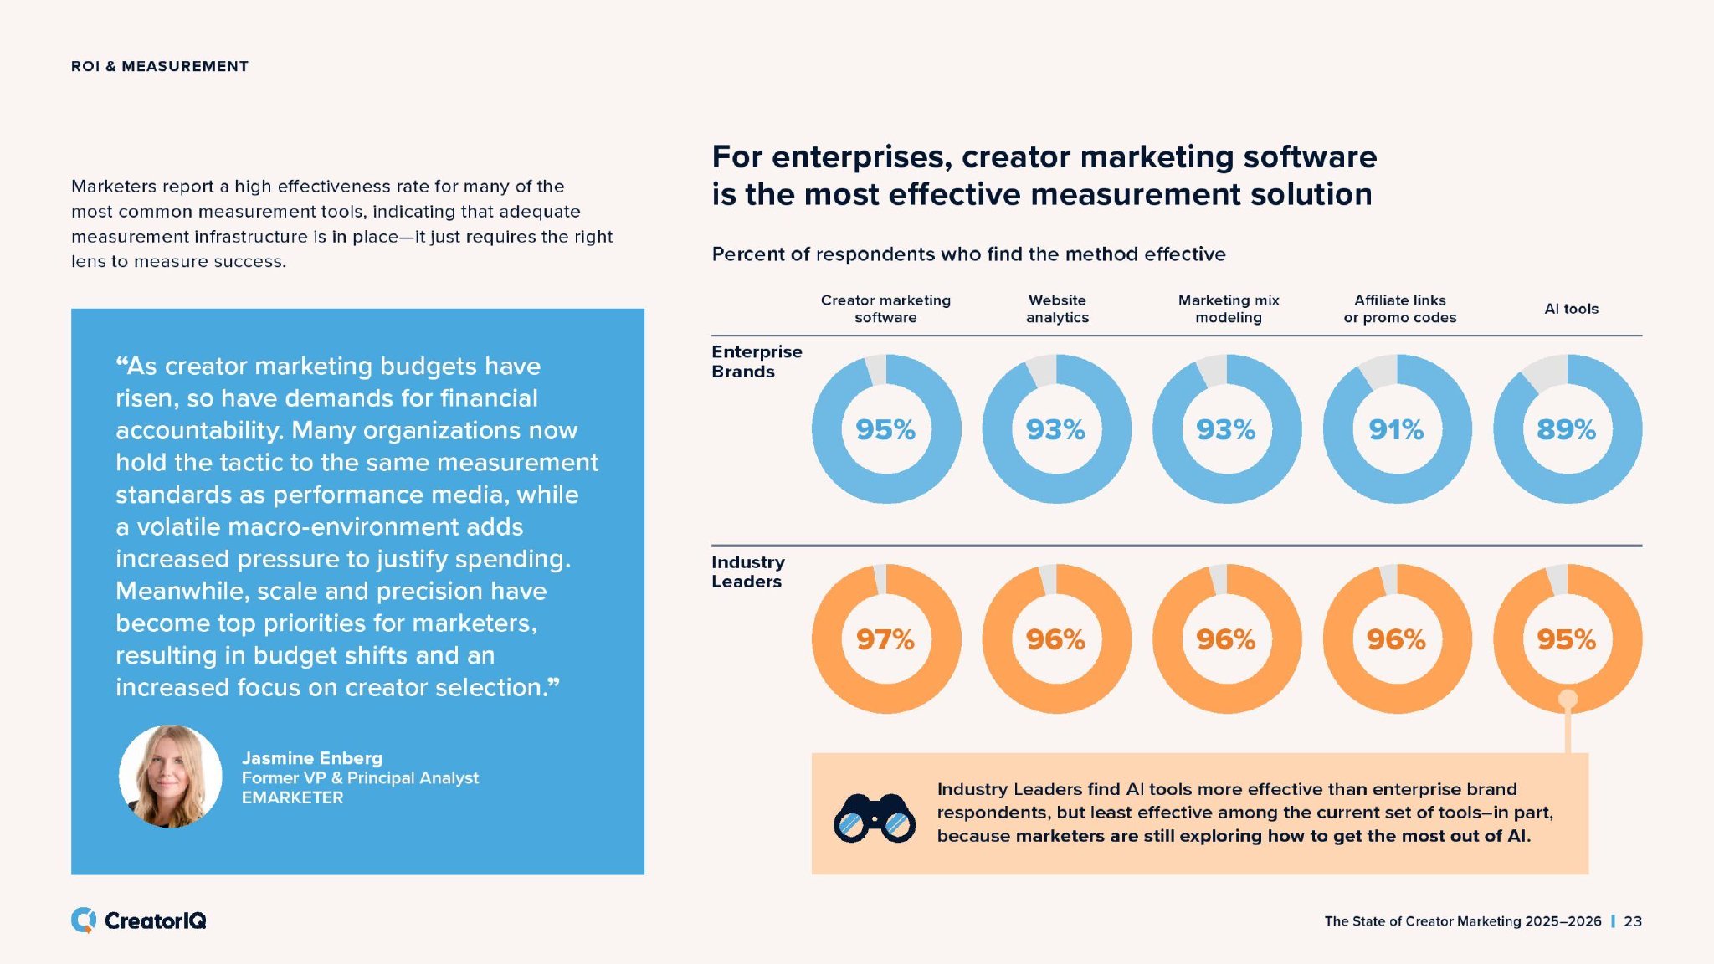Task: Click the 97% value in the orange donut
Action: pyautogui.click(x=885, y=639)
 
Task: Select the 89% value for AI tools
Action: pyautogui.click(x=1566, y=429)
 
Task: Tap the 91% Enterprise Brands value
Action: pyautogui.click(x=1396, y=429)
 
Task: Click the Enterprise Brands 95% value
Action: pyautogui.click(x=885, y=429)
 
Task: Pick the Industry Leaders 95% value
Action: pyautogui.click(x=1566, y=639)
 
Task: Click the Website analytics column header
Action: pyautogui.click(x=1057, y=309)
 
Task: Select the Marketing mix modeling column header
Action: pyautogui.click(x=1229, y=309)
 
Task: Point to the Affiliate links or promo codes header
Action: pyautogui.click(x=1399, y=309)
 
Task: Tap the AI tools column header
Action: pyautogui.click(x=1571, y=309)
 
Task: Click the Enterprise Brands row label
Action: pyautogui.click(x=757, y=361)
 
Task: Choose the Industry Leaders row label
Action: pyautogui.click(x=748, y=572)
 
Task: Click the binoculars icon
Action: pyautogui.click(x=874, y=817)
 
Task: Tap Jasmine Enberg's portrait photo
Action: pyautogui.click(x=171, y=776)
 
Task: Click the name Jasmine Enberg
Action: pyautogui.click(x=312, y=758)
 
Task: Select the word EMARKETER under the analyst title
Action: pyautogui.click(x=292, y=797)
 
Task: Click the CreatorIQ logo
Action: pyautogui.click(x=139, y=920)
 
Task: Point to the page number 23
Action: pyautogui.click(x=1633, y=921)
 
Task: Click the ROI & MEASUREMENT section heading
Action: pyautogui.click(x=160, y=66)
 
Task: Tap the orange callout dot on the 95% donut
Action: pyautogui.click(x=1568, y=699)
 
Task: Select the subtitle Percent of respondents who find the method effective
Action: pyautogui.click(x=968, y=254)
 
